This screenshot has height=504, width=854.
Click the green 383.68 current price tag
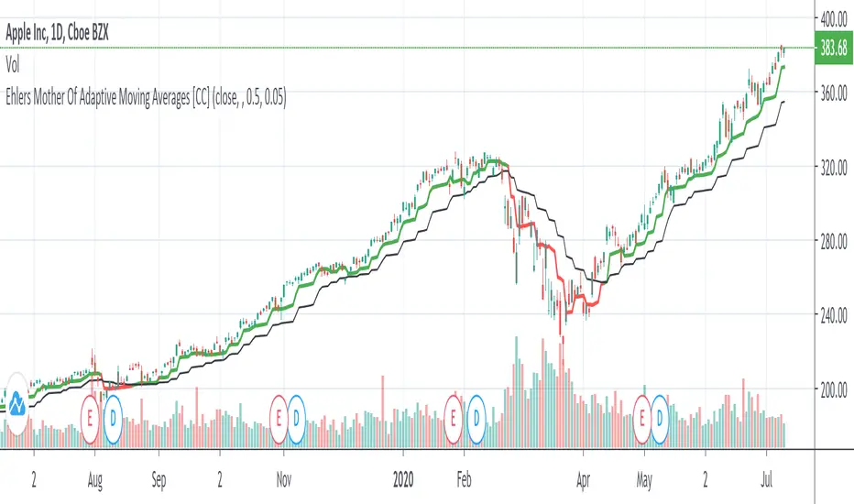(832, 47)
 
